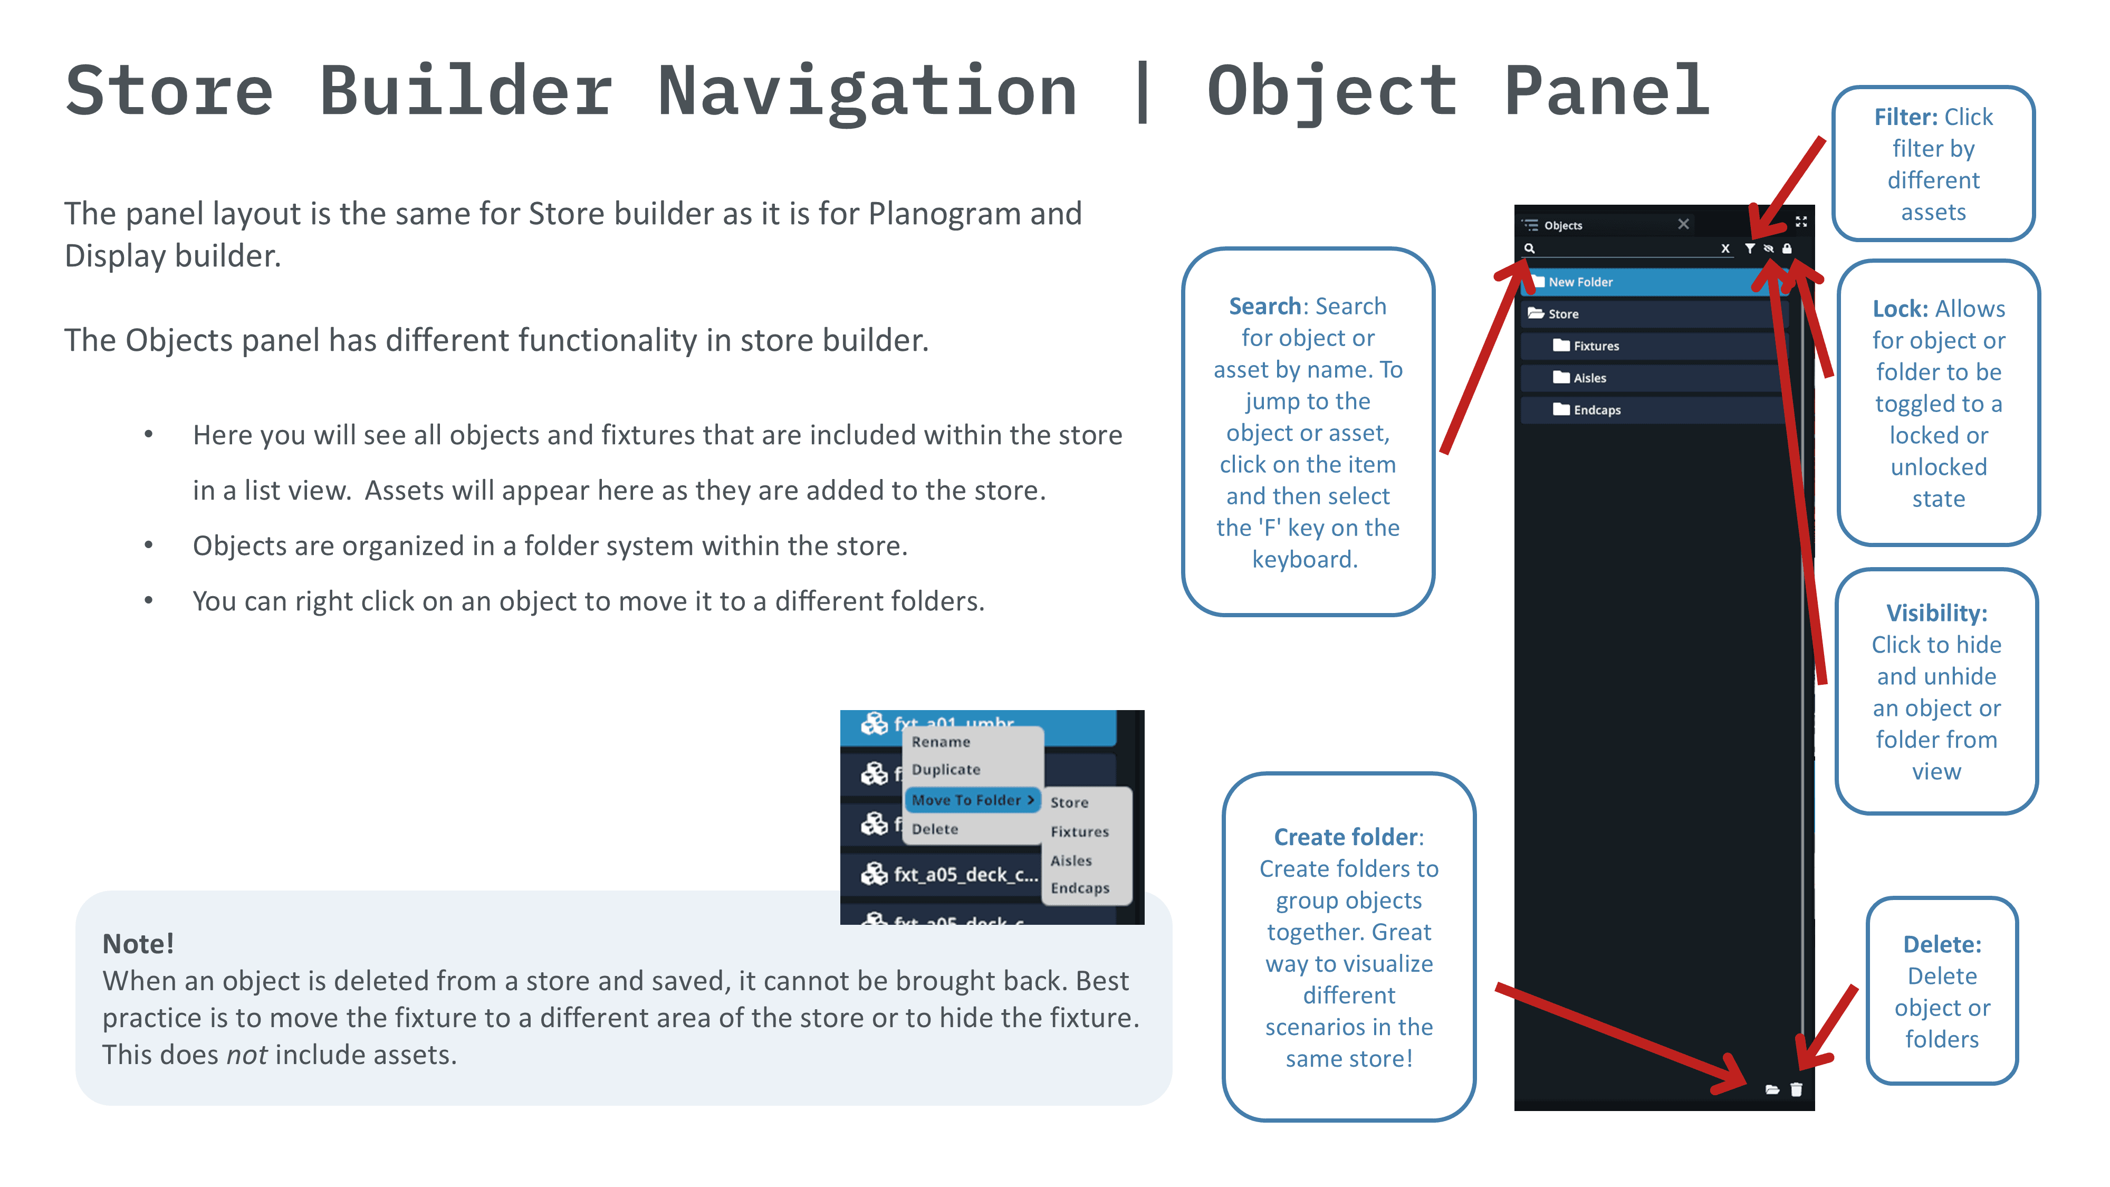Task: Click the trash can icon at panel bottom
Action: coord(1796,1089)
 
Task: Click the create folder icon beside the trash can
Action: coord(1772,1089)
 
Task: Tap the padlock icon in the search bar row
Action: coord(1787,248)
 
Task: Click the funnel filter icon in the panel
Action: coord(1750,248)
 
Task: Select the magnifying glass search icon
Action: coord(1529,248)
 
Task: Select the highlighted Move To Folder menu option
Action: coord(972,800)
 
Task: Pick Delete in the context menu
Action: coord(935,829)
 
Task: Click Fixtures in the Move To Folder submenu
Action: coord(1080,831)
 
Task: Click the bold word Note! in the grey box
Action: coord(138,944)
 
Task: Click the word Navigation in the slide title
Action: coord(867,92)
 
